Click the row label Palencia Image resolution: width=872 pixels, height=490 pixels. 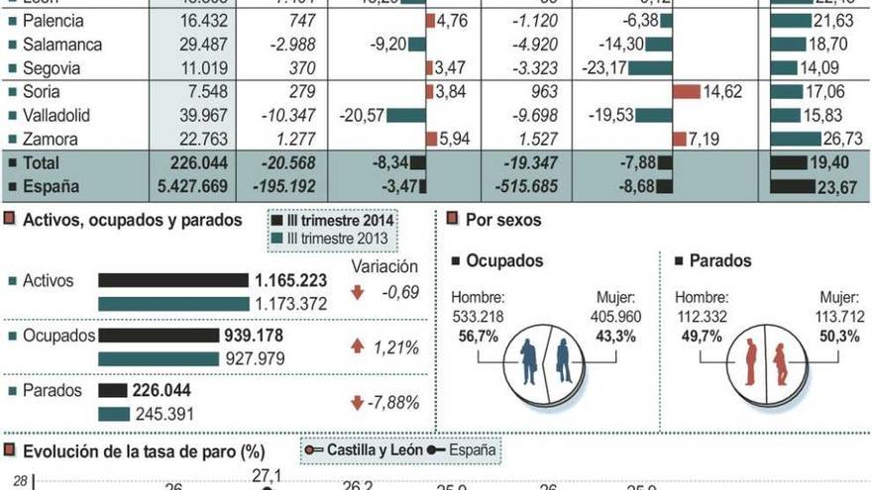click(54, 21)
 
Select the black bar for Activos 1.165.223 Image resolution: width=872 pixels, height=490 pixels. click(172, 281)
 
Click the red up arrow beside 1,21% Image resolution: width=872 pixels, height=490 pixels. click(357, 347)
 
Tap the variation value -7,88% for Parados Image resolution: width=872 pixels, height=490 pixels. click(395, 403)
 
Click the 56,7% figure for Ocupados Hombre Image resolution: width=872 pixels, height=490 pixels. click(475, 337)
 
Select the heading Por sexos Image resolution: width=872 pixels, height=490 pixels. click(503, 220)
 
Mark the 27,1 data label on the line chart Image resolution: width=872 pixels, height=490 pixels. click(267, 476)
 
